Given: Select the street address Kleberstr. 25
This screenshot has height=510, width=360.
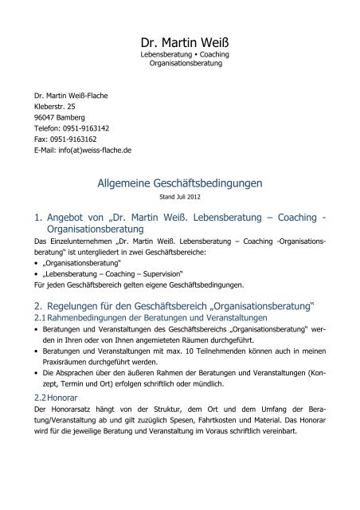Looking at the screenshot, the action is coord(49,105).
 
